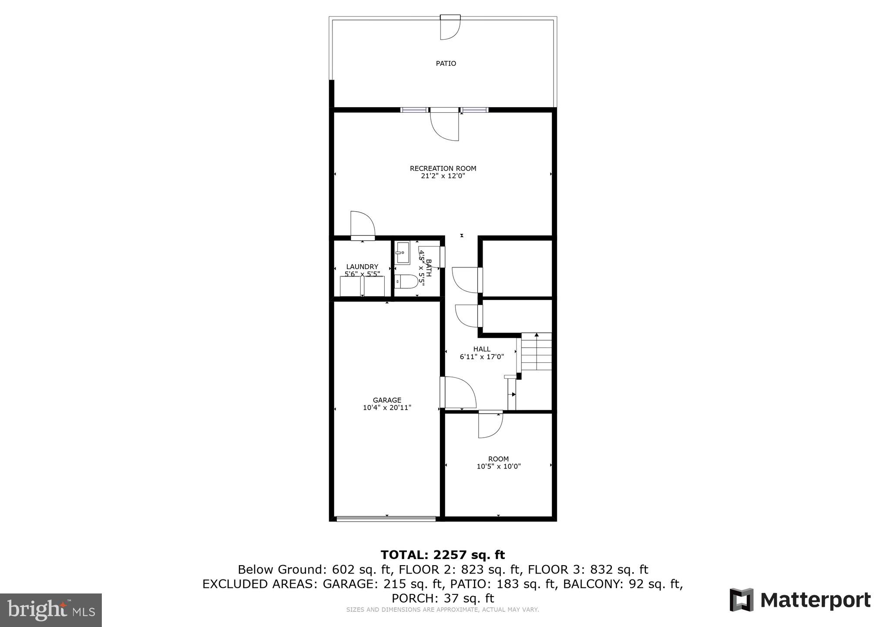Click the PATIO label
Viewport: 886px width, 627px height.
[x=446, y=64]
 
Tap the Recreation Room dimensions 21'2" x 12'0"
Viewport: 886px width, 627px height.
[x=443, y=176]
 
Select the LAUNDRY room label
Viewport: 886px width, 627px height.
[x=362, y=267]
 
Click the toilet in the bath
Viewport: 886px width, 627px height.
[x=406, y=282]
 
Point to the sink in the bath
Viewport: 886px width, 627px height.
[x=403, y=253]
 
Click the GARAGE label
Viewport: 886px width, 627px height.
[x=387, y=400]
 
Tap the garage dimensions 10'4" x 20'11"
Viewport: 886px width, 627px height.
[x=387, y=408]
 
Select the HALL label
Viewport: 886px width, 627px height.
[x=482, y=349]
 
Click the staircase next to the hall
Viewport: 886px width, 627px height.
[x=537, y=351]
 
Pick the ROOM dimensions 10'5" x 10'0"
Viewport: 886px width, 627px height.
[x=499, y=466]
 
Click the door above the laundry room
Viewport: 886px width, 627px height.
[x=362, y=225]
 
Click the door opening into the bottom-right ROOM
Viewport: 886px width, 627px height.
[x=490, y=425]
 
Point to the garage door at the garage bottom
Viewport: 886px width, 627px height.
[x=386, y=519]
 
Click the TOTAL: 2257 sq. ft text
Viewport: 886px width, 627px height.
[x=443, y=555]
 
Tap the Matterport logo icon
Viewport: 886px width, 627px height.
[x=742, y=600]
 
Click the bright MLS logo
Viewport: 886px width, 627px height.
[x=51, y=610]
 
